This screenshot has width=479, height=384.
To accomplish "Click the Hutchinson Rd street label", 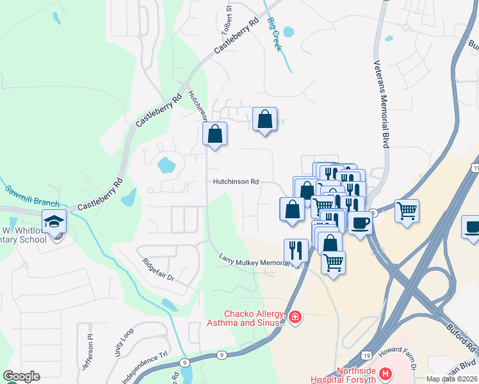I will [x=236, y=182].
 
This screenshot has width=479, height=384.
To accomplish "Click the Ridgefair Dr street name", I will [x=158, y=270].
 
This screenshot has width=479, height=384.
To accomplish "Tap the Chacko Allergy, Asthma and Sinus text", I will [x=254, y=318].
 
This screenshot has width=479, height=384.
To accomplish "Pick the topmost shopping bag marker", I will [x=264, y=119].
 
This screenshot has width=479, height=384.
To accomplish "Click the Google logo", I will [x=21, y=376].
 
